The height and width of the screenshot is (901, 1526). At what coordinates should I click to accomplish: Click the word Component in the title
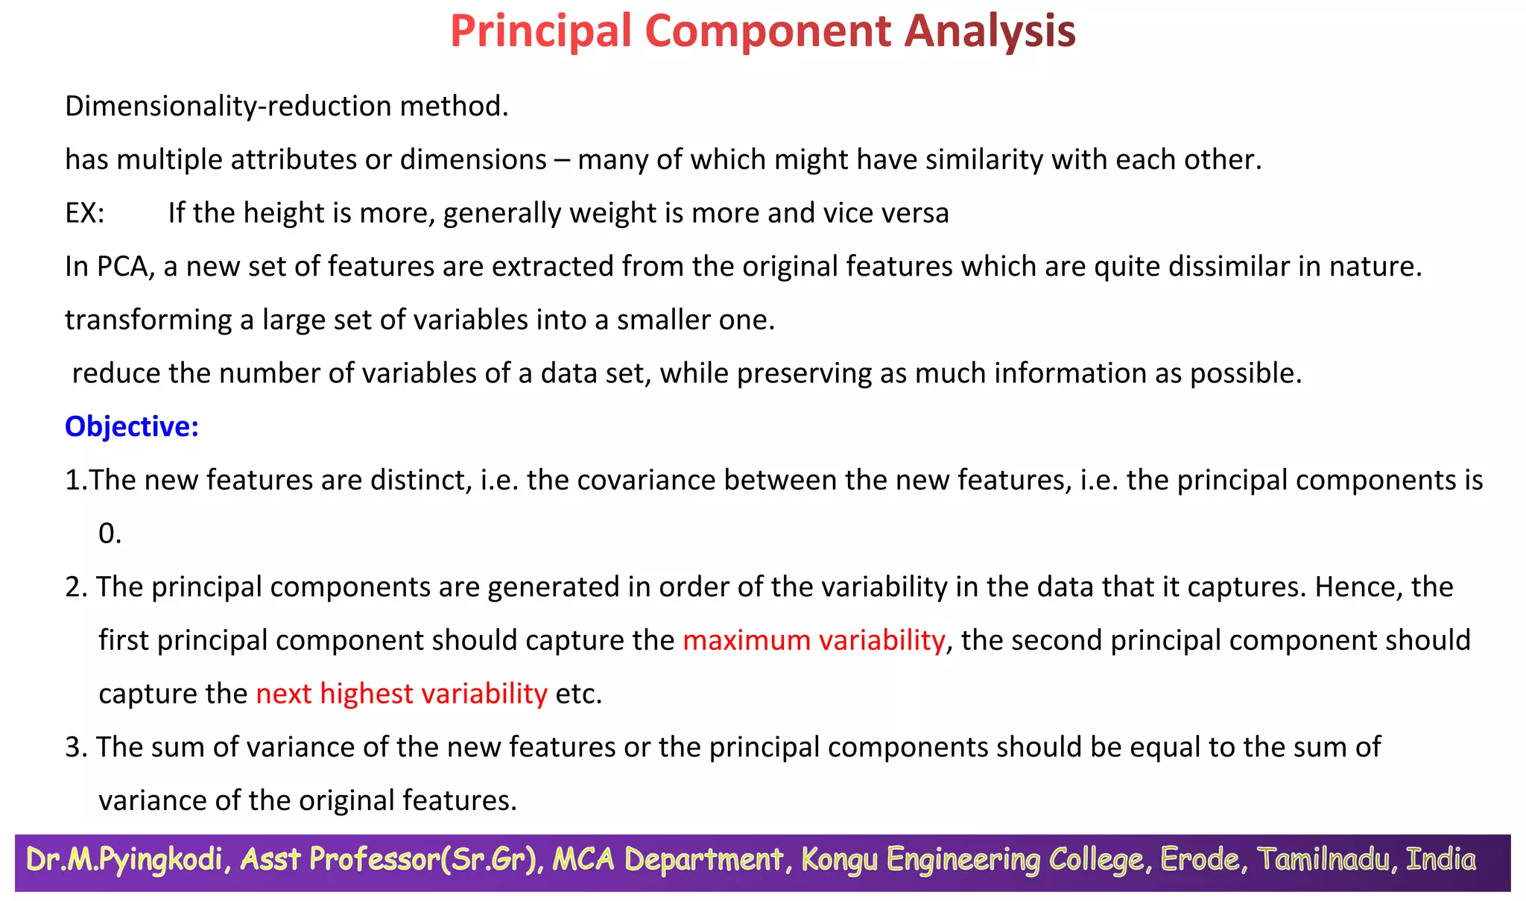point(767,31)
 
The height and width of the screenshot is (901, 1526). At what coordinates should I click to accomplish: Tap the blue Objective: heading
point(132,426)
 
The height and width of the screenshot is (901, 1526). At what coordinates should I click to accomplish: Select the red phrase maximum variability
point(814,640)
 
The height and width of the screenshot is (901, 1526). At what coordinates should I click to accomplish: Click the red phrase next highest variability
point(402,694)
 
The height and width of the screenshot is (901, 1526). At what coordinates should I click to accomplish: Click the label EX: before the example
point(84,213)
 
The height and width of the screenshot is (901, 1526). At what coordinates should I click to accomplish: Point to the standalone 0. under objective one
point(110,534)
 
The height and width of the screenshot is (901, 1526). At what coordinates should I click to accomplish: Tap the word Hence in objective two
point(1347,587)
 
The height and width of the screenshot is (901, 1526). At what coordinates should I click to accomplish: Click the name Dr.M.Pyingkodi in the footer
point(124,860)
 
